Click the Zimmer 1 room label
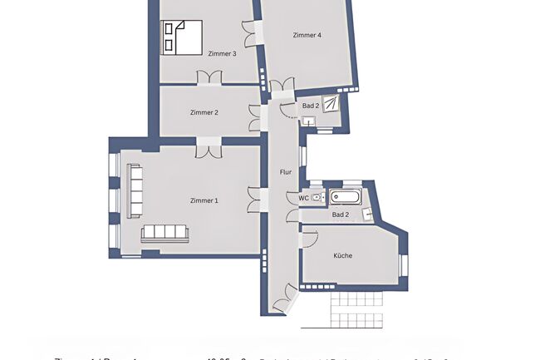204,200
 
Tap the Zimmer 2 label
204,112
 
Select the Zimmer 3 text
222,54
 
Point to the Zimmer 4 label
307,35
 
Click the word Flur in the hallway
285,172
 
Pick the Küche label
342,256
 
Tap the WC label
304,198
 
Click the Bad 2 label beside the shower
311,106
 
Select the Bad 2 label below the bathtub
341,215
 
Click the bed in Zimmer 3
182,37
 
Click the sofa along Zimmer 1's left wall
134,190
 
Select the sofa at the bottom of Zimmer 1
164,234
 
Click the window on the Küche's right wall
404,264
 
